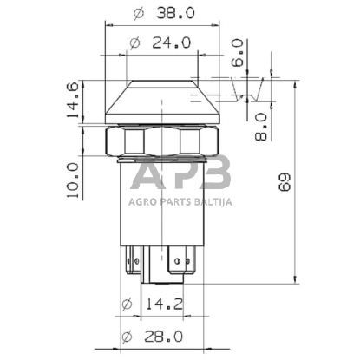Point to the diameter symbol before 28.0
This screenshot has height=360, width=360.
(126, 335)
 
